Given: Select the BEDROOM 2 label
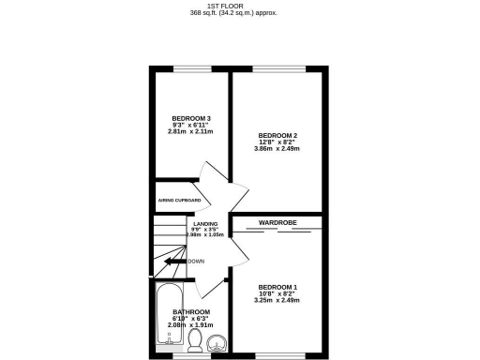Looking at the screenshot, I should coord(277,135).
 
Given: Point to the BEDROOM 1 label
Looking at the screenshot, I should coord(277,286).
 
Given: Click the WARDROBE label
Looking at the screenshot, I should coord(277,222).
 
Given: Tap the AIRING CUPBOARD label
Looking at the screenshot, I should coord(178,201).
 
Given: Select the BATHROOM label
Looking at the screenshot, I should coord(190,311).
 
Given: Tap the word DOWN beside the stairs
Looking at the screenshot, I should coord(196,262).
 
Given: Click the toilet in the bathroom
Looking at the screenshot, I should coord(195,338).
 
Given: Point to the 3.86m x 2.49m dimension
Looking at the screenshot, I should coord(277,150).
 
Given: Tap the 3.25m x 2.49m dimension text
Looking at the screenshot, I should coord(277,301).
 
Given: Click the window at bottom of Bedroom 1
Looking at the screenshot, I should coord(278,354).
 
